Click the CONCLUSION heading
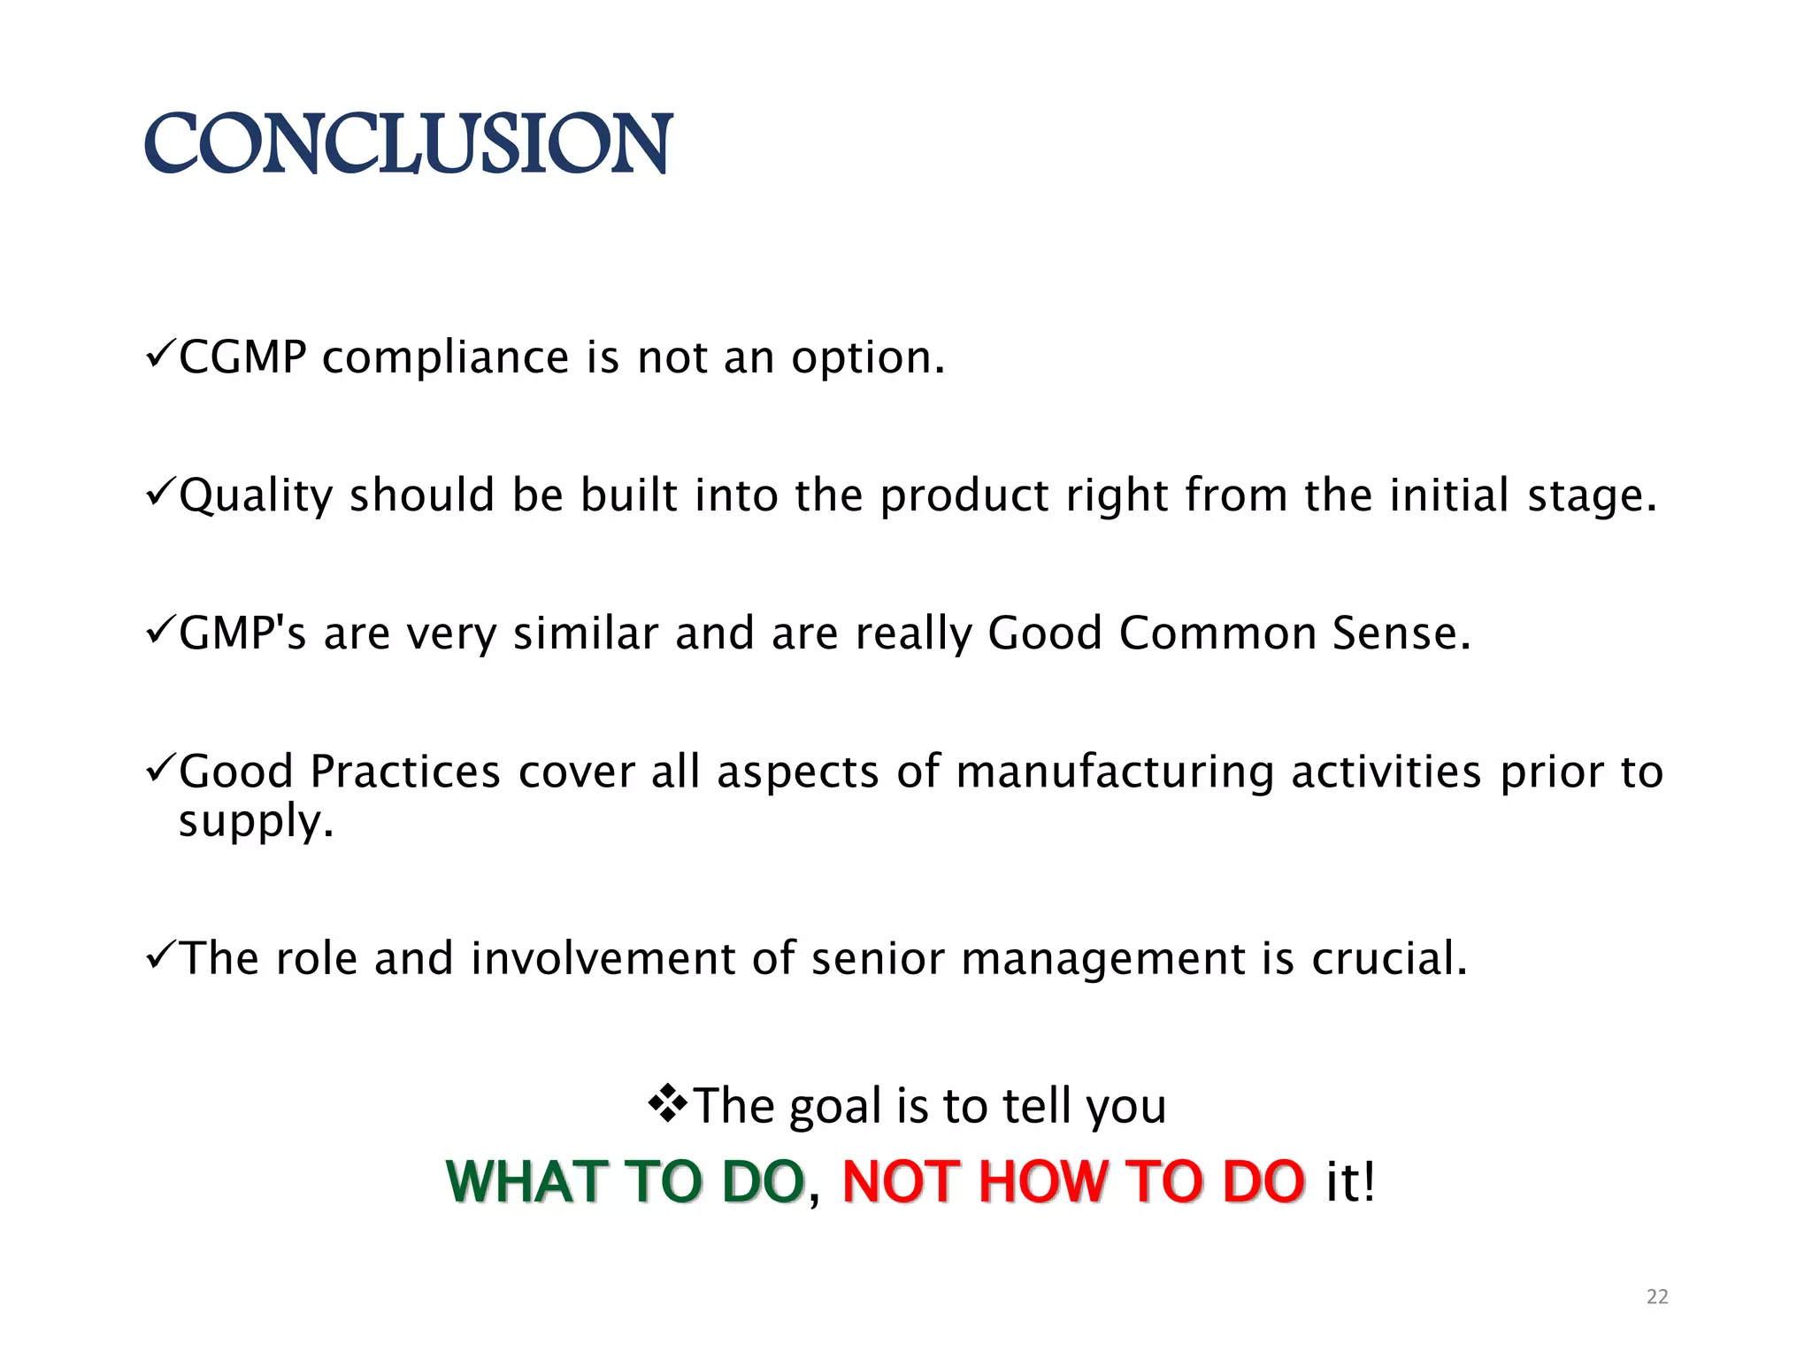click(408, 143)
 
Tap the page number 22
click(1657, 1297)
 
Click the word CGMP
click(242, 358)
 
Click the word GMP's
click(242, 633)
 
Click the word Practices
click(405, 772)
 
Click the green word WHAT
click(526, 1182)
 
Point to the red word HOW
click(1043, 1182)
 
